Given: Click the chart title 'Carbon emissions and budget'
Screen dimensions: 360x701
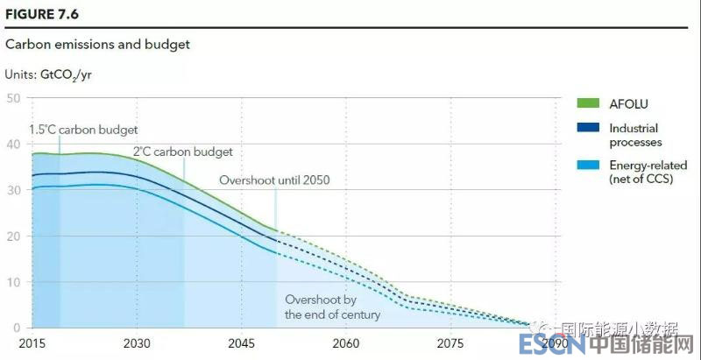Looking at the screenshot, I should point(98,44).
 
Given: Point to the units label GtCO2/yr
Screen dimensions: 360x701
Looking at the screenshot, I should point(49,74).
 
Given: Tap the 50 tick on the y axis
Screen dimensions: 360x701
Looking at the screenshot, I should point(13,97).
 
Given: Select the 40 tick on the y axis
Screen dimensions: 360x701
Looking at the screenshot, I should point(13,144).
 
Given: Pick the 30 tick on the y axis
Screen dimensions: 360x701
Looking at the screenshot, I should point(13,190).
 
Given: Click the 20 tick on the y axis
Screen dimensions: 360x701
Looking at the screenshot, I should point(13,236).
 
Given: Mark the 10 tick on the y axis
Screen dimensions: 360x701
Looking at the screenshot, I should point(13,282).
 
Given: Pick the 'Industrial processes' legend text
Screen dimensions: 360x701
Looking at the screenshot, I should point(635,135).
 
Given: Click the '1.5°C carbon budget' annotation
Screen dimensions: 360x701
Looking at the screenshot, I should point(83,130).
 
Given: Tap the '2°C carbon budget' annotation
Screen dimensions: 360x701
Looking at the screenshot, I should point(182,152).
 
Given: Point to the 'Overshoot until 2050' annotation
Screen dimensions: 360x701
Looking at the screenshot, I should point(280,180).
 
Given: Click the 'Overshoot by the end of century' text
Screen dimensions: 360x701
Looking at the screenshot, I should point(332,307).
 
